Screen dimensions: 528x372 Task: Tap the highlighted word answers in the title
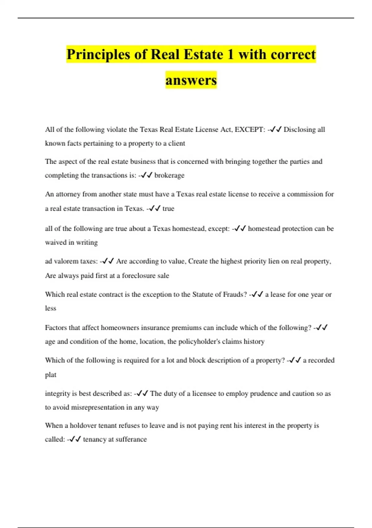pos(191,80)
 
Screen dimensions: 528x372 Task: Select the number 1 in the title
pos(230,55)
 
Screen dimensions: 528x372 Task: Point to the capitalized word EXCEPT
pos(250,130)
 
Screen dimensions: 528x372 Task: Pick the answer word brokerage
pos(169,175)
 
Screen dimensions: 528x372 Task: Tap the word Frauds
pos(234,294)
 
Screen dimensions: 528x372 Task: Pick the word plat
pos(51,375)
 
